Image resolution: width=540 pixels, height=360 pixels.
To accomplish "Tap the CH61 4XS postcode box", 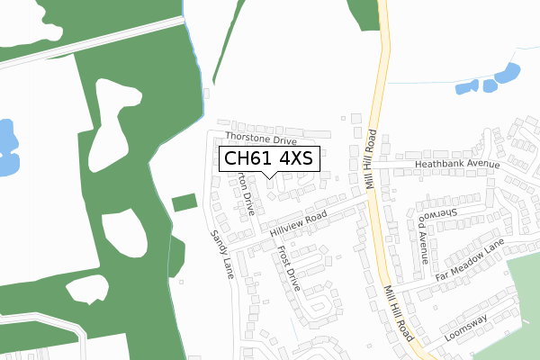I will pos(267,159).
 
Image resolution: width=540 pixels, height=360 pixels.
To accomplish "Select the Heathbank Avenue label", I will pos(457,165).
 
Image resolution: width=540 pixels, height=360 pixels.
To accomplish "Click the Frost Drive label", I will pos(288,268).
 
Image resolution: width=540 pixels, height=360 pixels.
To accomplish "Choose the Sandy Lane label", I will pos(221,253).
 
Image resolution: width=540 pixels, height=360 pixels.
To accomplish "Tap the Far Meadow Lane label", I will pos(471,259).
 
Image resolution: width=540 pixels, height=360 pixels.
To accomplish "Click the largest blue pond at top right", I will pos(510,73).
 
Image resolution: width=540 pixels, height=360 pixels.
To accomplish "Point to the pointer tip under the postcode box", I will pos(269,177).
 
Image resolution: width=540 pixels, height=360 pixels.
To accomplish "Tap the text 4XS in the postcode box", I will pos(295,159).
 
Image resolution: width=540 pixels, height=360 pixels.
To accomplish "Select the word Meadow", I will pos(471,259).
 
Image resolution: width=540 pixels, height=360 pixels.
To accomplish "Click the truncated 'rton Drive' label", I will pos(245,195).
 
